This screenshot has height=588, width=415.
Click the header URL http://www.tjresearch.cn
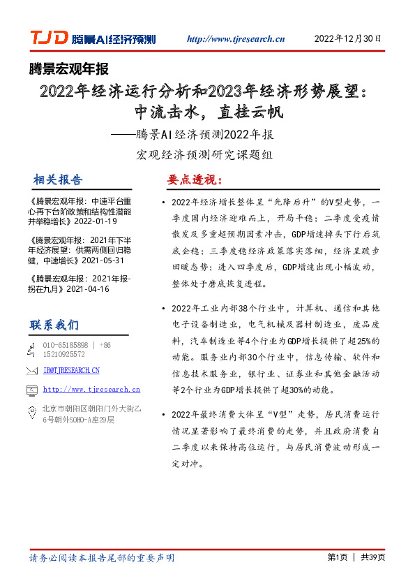236,40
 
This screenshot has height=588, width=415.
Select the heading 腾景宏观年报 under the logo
69,68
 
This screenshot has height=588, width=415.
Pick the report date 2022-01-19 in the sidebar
97,221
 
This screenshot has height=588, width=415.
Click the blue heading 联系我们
54,325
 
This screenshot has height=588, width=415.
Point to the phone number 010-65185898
66,345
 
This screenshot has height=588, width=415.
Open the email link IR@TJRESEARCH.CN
71,370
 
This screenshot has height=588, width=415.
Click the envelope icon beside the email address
31,370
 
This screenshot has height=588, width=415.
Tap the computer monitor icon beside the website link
31,390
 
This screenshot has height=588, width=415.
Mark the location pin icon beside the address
31,413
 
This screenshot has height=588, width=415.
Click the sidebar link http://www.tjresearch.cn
91,390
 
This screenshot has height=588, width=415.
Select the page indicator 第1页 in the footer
337,557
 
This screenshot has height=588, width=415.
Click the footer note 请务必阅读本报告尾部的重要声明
102,558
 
